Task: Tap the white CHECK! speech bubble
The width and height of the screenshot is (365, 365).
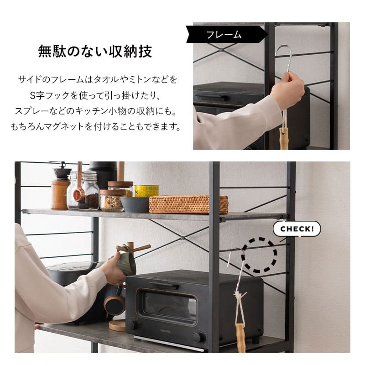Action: pos(297,229)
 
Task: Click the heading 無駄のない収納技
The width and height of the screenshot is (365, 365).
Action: pos(94,51)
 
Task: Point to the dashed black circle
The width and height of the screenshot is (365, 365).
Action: pos(259,255)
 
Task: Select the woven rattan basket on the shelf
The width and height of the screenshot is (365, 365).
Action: pos(188,204)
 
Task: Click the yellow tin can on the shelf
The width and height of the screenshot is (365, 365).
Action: pos(147,191)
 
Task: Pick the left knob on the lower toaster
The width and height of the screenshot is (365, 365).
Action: pos(133,325)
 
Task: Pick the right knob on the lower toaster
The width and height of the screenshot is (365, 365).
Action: pos(199,337)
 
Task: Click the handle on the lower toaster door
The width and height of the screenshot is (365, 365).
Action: pos(164,286)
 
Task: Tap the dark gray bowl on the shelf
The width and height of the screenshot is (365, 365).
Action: pos(135,204)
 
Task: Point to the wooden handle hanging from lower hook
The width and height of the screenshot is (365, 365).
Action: pos(240,338)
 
